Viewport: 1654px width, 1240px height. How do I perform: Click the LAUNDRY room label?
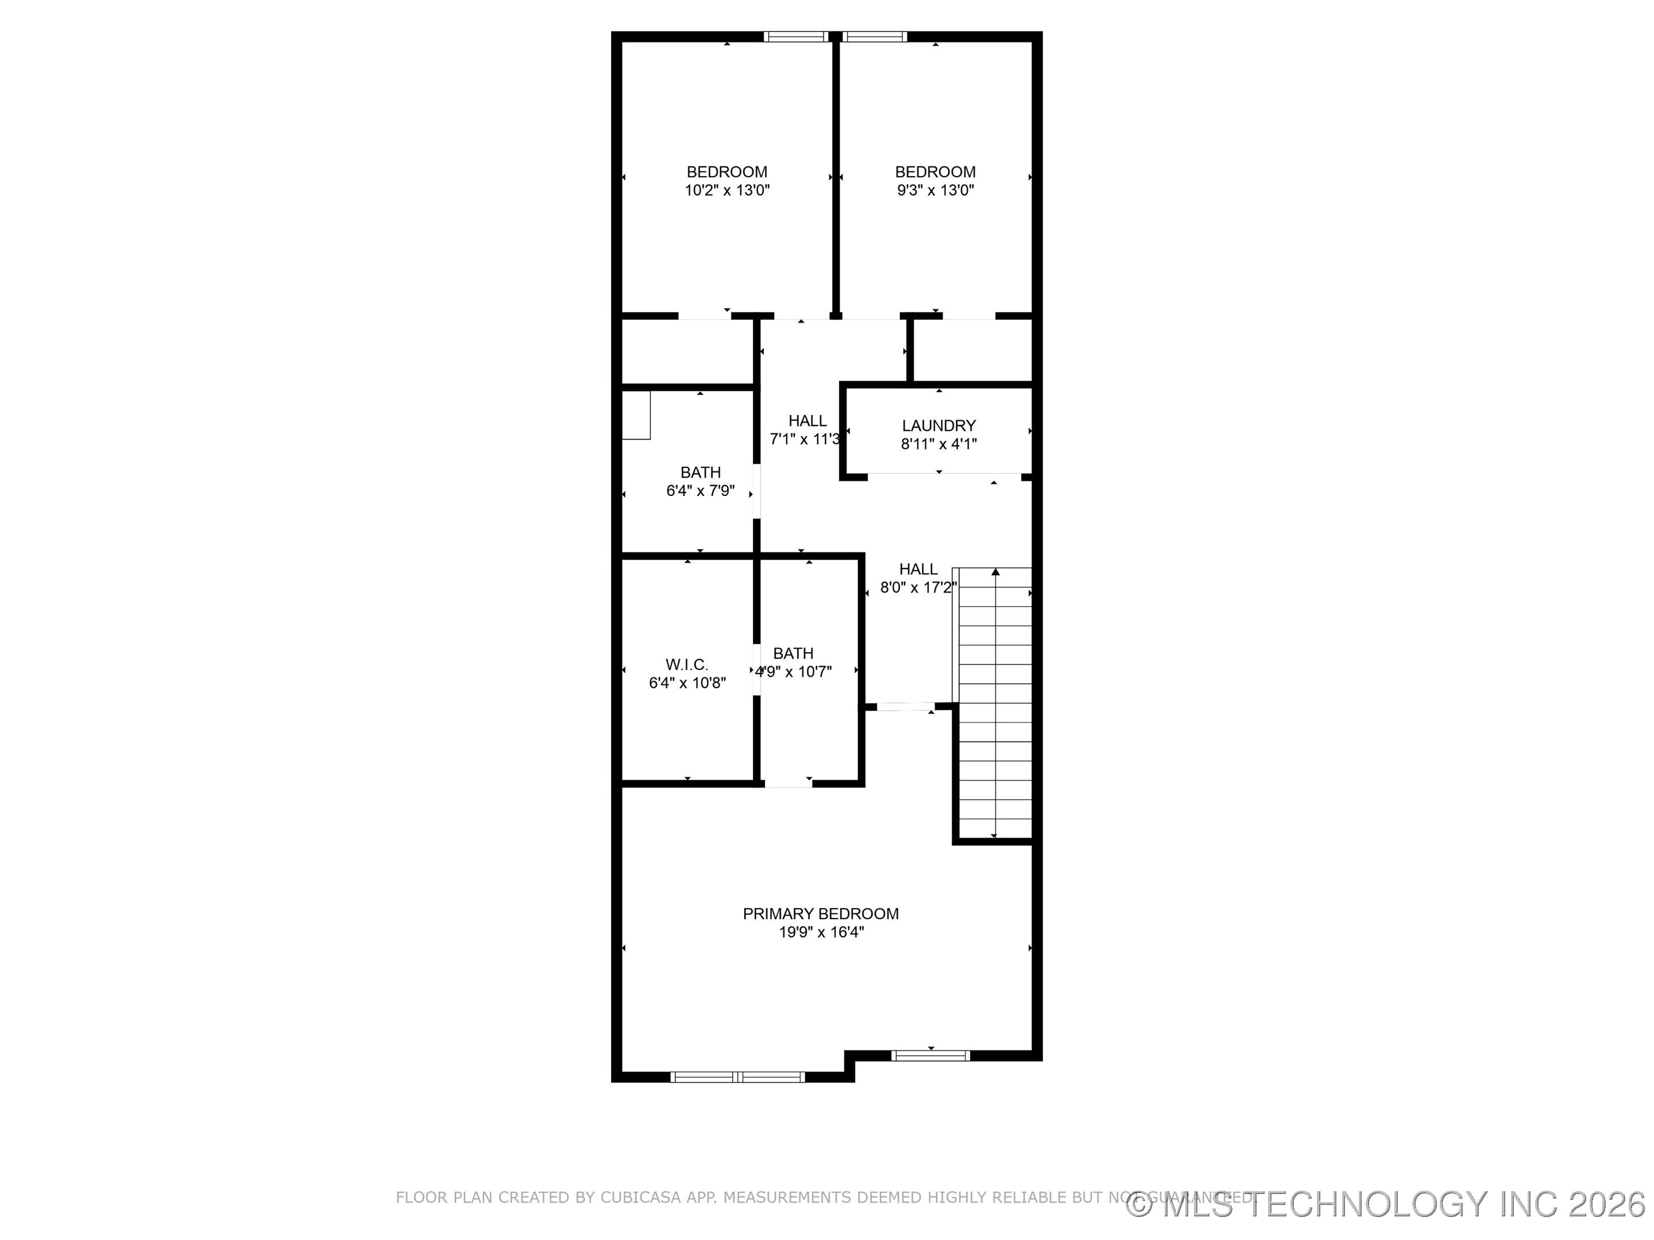938,425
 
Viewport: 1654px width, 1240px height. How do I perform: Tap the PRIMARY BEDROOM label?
820,913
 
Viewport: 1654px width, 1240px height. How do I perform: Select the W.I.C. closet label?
686,664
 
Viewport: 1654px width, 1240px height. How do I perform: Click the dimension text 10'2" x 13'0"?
727,191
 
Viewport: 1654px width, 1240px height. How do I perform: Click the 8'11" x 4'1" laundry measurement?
938,444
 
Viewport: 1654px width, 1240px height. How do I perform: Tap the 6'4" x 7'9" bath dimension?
700,491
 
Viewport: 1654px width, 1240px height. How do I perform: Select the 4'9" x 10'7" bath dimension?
793,672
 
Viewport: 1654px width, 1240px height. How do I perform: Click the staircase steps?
995,710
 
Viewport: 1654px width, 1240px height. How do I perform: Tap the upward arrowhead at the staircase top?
995,572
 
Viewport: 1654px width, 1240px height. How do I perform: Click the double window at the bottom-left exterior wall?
737,1077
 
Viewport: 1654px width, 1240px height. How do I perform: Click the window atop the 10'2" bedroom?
797,36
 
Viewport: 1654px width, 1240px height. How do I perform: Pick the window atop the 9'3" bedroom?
874,36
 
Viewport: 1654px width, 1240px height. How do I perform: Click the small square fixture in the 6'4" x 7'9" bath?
636,416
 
